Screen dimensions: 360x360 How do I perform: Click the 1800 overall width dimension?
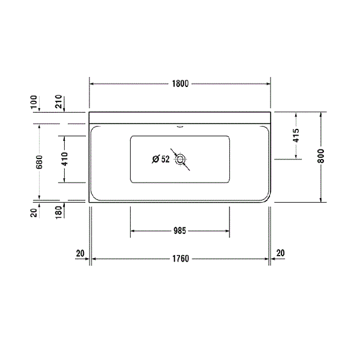[180, 83]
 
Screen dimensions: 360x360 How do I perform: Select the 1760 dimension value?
[180, 259]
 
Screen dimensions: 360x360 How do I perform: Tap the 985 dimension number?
[180, 230]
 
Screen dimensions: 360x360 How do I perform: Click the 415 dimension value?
[296, 136]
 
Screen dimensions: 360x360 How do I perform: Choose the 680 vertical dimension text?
[39, 162]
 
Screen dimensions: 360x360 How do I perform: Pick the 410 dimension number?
[64, 159]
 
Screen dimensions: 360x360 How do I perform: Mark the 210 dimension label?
[59, 103]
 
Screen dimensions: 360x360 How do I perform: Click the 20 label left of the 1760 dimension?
[80, 253]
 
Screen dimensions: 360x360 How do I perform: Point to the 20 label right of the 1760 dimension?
[280, 253]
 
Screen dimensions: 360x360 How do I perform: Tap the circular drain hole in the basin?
[180, 159]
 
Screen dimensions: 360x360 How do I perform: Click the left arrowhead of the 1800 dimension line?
[92, 83]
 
